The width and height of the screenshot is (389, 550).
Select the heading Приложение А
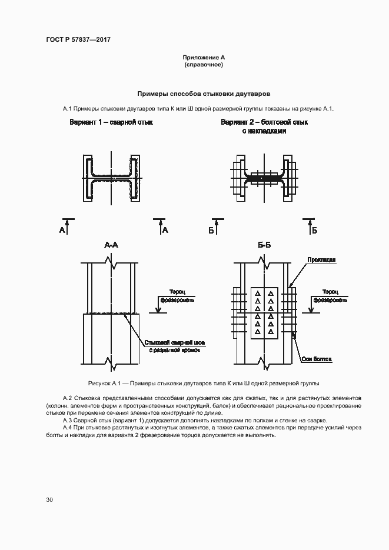pos(204,57)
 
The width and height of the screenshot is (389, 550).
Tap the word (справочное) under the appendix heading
pos(204,64)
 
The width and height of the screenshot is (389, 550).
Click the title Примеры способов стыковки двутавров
pos(204,94)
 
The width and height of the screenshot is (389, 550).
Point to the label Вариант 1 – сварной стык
pos(111,122)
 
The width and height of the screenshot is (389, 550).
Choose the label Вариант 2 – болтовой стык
pos(264,122)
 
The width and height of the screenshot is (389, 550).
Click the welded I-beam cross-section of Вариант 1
pos(111,176)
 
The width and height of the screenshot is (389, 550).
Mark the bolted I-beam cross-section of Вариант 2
pos(264,176)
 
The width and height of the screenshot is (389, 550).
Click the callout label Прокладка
pos(320,259)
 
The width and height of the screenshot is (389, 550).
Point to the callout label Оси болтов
pos(320,358)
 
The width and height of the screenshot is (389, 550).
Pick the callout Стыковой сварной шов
pos(174,341)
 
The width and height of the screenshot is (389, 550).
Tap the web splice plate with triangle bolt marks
pos(264,314)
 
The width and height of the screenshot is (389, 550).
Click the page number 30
pos(49,500)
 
